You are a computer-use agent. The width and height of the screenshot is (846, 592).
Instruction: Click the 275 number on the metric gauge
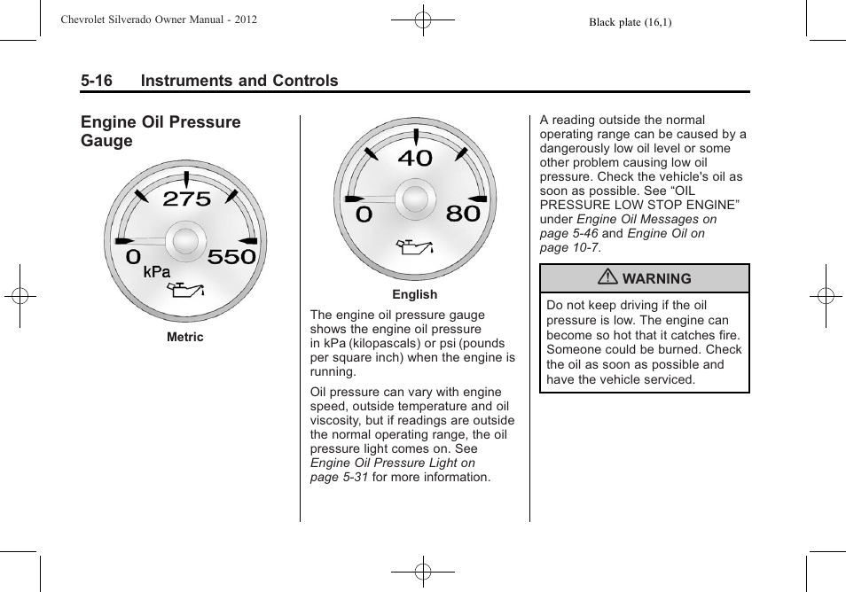click(187, 199)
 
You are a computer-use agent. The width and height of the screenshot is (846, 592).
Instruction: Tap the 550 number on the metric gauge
click(231, 257)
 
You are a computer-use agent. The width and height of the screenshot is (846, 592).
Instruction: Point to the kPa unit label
click(157, 273)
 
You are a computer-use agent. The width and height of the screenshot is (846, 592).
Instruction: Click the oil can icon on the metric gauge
click(187, 289)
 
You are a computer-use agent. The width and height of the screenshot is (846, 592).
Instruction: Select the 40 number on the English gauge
click(415, 159)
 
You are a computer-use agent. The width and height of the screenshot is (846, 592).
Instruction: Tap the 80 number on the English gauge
click(463, 214)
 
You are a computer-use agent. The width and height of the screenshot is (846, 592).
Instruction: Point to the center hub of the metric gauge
click(185, 241)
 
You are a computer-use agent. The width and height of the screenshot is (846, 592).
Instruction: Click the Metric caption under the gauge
click(185, 337)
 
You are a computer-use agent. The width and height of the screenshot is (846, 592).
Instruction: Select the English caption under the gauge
click(415, 294)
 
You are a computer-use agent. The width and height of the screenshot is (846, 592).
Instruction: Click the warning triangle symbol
click(609, 278)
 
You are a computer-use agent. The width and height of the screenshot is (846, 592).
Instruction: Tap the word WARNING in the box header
click(656, 278)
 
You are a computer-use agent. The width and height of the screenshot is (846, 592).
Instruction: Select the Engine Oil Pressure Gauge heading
click(161, 131)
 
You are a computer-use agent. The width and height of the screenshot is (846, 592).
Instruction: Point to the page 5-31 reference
click(339, 477)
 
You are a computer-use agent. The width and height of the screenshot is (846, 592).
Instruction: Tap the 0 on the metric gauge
click(133, 257)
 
